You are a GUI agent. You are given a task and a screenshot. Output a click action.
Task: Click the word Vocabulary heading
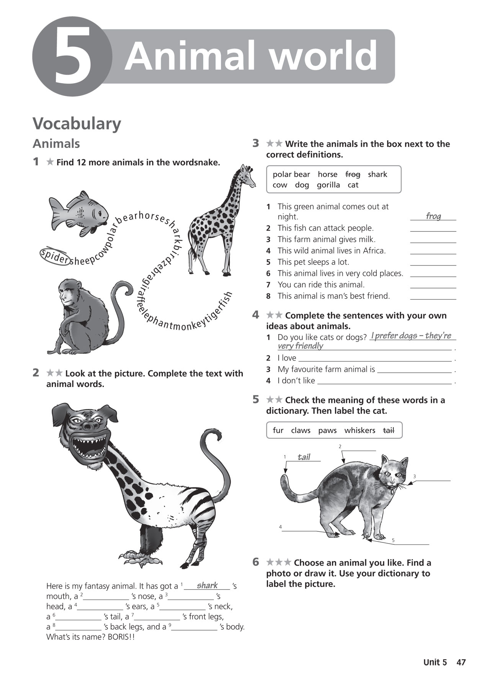[77, 124]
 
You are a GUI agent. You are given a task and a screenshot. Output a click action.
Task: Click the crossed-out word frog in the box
[353, 174]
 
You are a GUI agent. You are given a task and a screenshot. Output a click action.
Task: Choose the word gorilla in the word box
[328, 185]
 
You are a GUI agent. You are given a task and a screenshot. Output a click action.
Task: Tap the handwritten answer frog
[433, 216]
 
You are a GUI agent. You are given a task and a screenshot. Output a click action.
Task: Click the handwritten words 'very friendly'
[300, 346]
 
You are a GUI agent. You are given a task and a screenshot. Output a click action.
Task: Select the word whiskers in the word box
[360, 430]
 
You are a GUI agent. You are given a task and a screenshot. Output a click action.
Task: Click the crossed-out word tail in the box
[388, 430]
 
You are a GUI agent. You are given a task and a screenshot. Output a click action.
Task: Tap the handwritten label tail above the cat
[304, 457]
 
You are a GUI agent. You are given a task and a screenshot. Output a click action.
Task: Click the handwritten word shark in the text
[207, 585]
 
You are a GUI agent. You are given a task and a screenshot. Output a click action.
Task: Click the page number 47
[461, 662]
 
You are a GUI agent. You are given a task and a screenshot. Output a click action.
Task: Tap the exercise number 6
[256, 562]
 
